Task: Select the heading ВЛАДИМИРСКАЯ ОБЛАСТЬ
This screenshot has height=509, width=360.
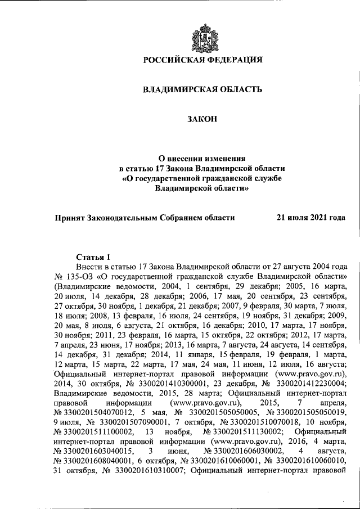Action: pyautogui.click(x=201, y=89)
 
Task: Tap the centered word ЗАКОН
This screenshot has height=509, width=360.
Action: pyautogui.click(x=201, y=119)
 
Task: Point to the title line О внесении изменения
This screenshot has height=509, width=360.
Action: pyautogui.click(x=202, y=159)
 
